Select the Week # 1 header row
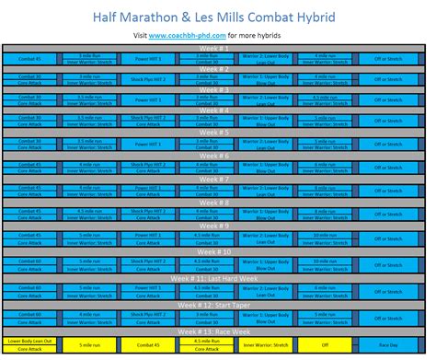(215, 47)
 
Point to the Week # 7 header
(215, 180)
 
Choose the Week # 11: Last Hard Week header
(215, 275)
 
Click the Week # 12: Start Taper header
(215, 306)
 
